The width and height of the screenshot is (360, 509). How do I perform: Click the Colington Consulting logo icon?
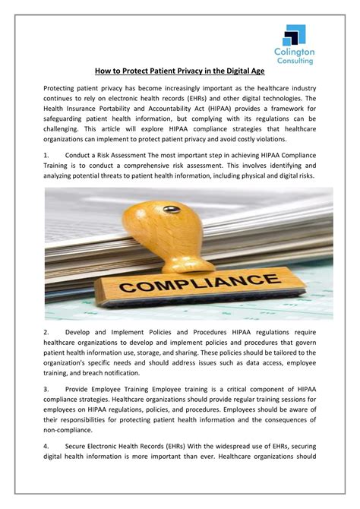(x=295, y=35)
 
